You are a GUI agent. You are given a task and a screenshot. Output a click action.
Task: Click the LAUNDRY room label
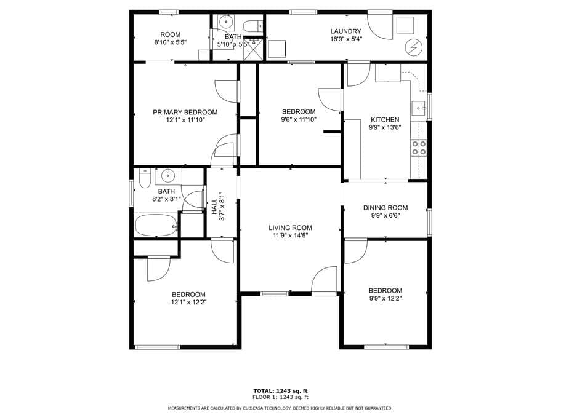(x=345, y=31)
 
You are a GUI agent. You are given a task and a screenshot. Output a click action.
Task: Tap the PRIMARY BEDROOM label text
(x=185, y=112)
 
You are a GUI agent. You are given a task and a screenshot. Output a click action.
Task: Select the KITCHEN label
(x=385, y=120)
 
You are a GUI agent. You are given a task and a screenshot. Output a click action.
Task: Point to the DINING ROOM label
(x=385, y=208)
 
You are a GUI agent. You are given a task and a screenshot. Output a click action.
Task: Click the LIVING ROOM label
(x=290, y=228)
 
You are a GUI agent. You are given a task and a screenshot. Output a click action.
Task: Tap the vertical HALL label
(x=214, y=207)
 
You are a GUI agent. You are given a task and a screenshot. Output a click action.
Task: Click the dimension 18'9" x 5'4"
(x=346, y=39)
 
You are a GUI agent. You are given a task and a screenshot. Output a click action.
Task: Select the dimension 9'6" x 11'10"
(x=299, y=120)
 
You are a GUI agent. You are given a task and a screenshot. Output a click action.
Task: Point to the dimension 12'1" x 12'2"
(x=188, y=302)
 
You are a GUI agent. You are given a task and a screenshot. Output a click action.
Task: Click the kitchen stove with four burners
(x=419, y=148)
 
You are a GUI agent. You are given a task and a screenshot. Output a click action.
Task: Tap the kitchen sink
(x=418, y=108)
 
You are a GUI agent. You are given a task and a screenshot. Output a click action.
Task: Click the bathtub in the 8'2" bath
(x=156, y=225)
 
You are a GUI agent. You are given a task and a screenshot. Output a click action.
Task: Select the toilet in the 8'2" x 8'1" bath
(x=145, y=178)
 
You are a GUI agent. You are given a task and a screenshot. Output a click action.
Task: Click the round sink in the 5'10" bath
(x=226, y=22)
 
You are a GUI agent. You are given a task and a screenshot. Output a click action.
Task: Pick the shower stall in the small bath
(x=253, y=48)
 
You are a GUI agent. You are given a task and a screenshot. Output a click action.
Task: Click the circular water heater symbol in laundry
(x=413, y=47)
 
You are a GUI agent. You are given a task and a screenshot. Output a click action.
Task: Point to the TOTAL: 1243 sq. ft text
(x=281, y=391)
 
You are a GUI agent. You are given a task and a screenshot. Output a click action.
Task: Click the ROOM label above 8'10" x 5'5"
(x=171, y=34)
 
